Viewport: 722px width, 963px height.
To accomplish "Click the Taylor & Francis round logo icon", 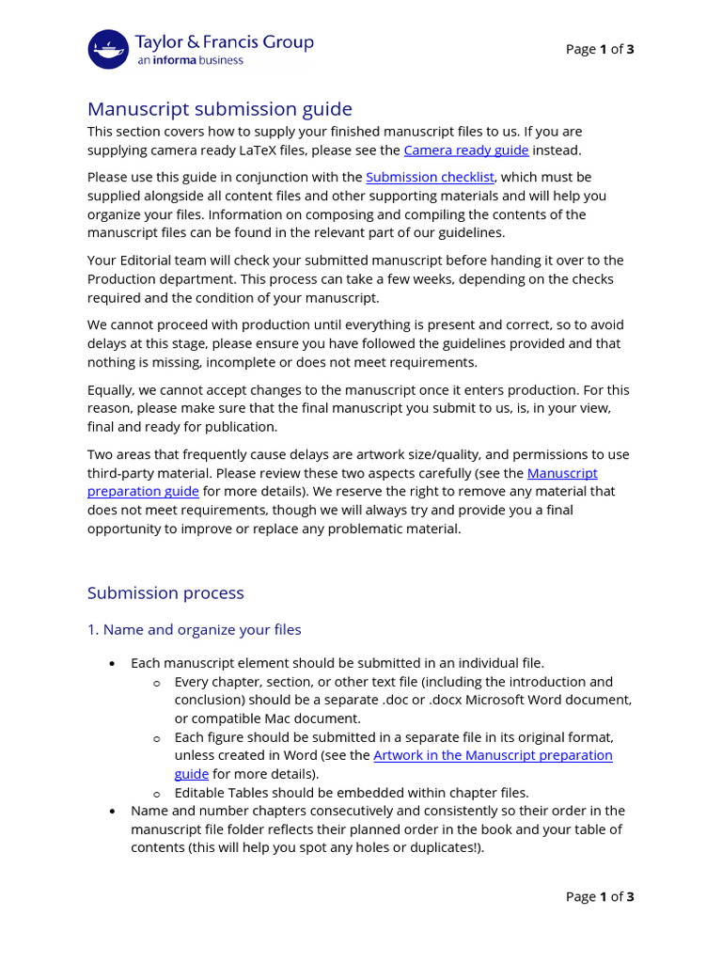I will pos(108,49).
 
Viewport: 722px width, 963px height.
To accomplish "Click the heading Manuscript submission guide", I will pos(219,109).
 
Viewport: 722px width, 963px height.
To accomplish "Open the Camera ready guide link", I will pos(465,150).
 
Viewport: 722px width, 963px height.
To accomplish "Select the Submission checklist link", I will pos(430,177).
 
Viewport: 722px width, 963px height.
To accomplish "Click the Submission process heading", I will pos(165,592).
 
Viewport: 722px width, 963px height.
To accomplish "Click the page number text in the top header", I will pos(600,49).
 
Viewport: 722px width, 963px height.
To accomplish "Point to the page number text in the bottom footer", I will pos(600,896).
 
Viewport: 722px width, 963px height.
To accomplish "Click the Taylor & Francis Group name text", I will pos(225,42).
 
